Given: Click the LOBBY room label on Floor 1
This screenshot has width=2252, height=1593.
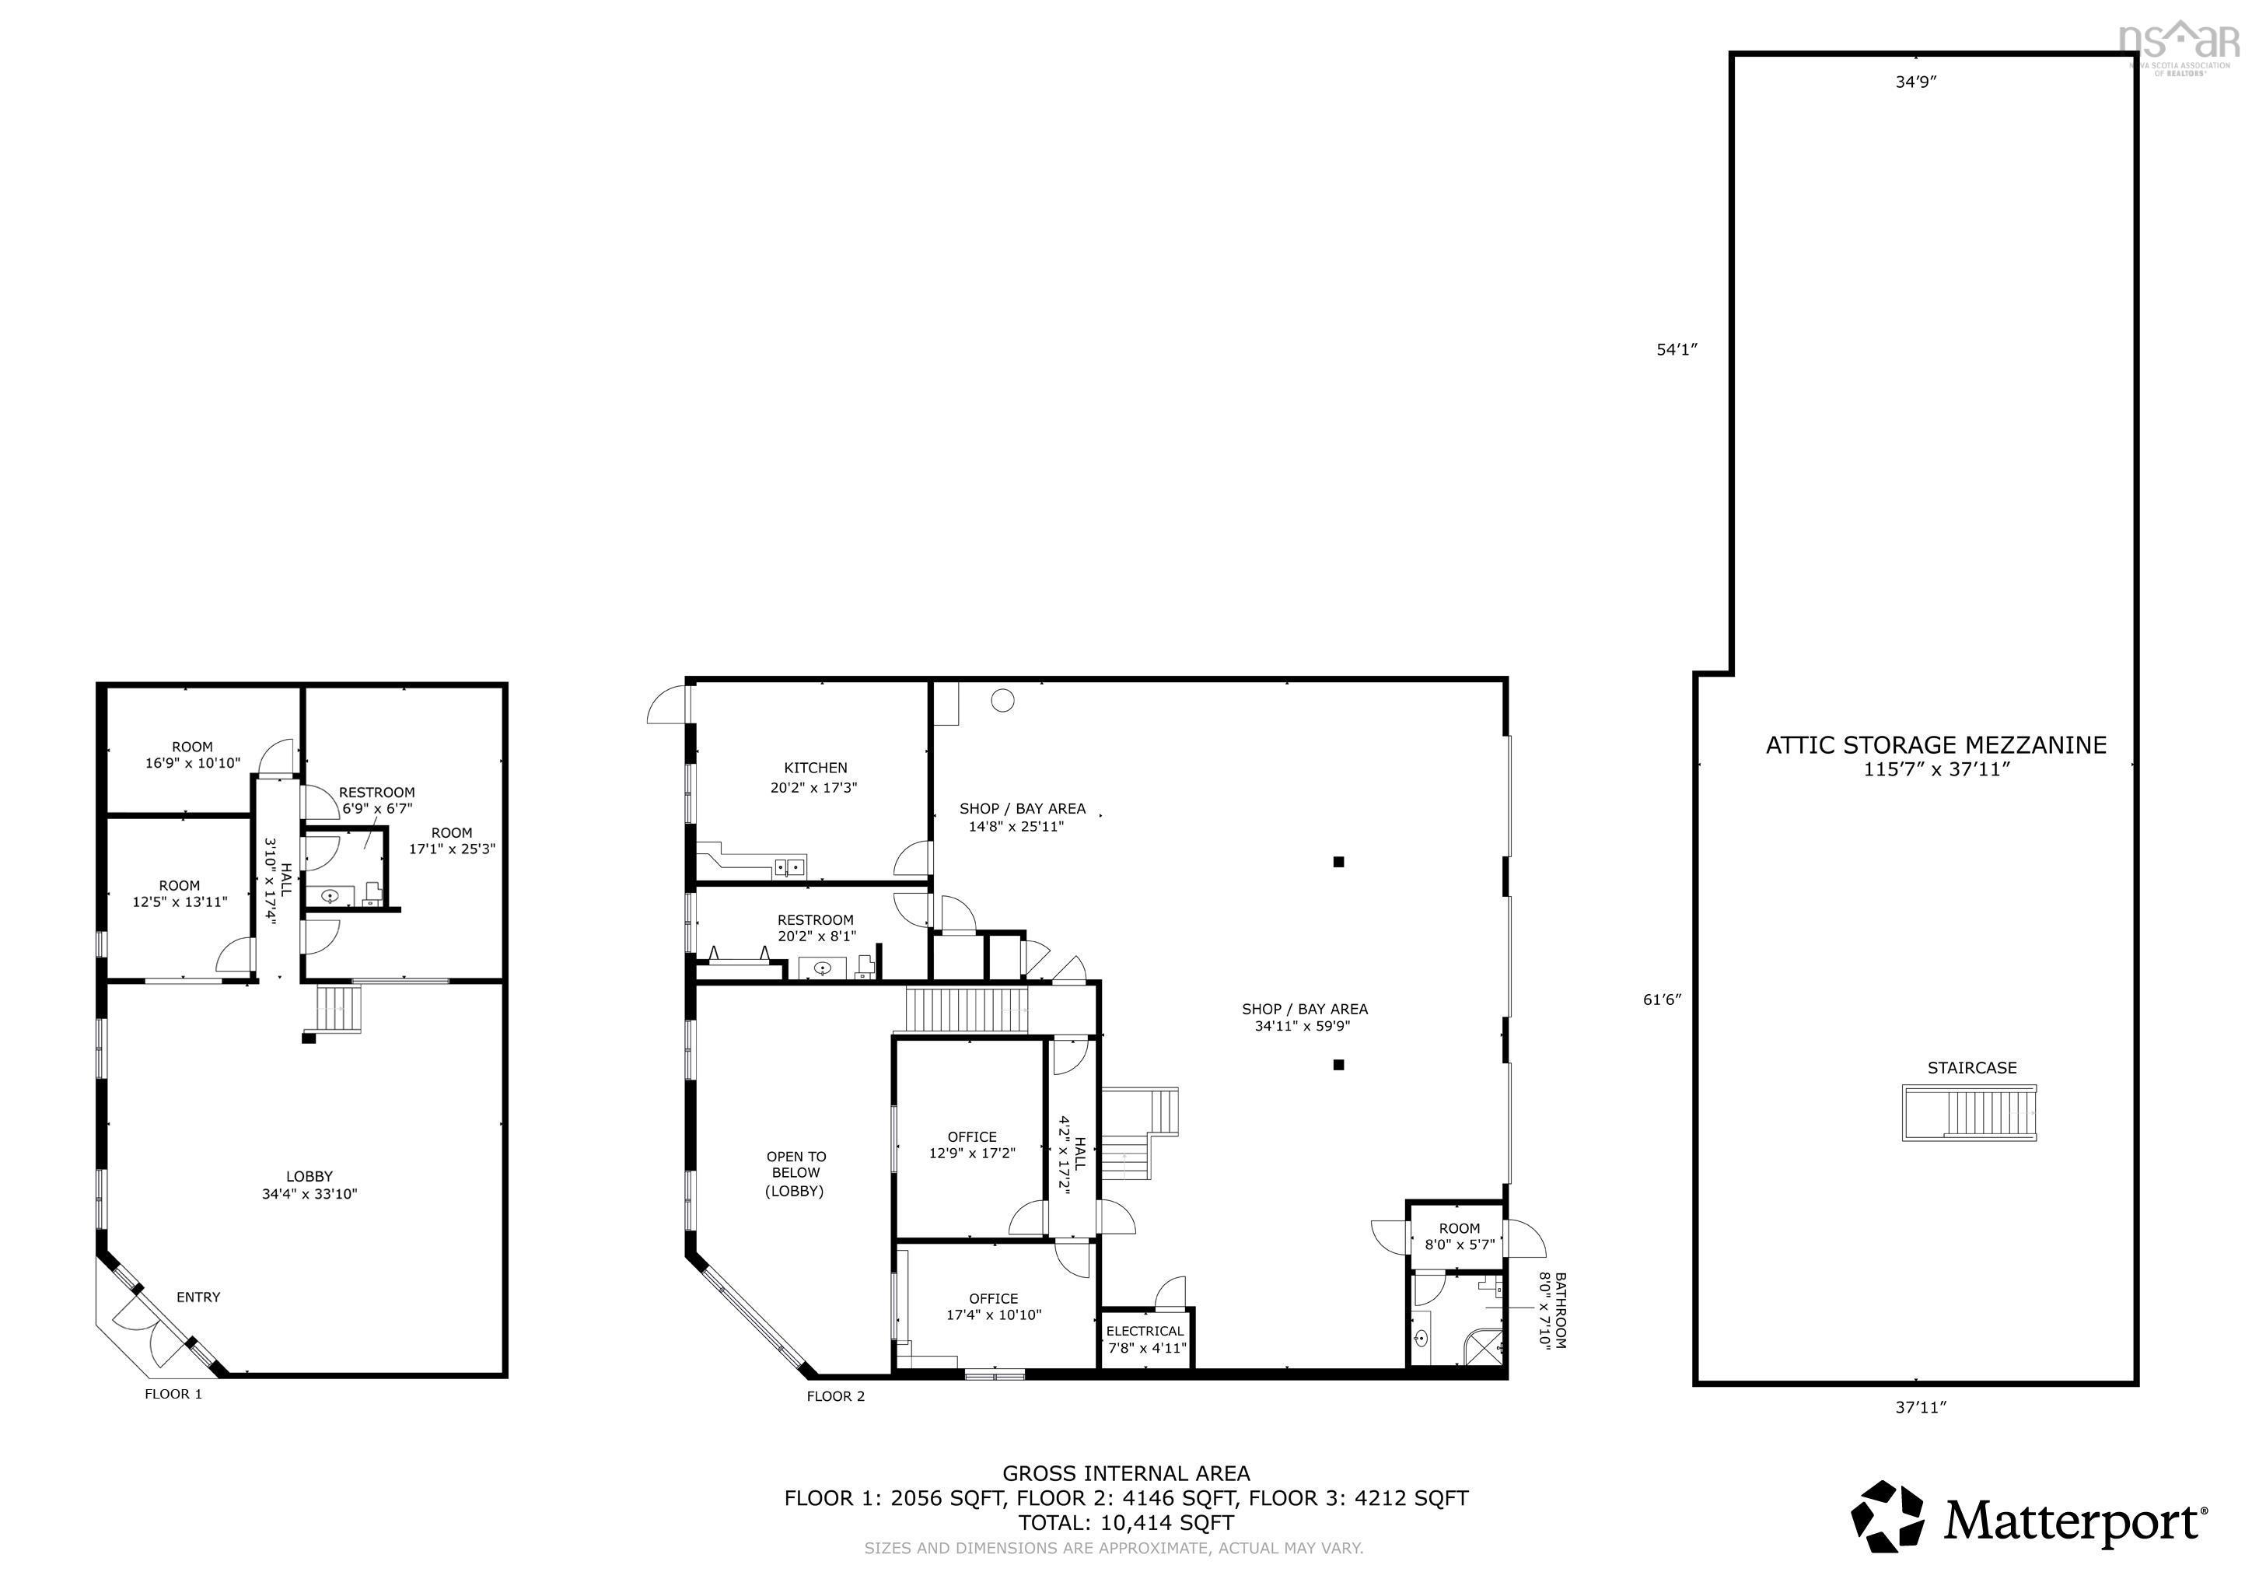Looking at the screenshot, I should [x=309, y=1185].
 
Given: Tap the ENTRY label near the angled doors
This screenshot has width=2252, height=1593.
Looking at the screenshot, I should [x=198, y=1297].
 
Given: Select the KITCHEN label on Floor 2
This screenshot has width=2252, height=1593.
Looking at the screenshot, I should [x=815, y=768].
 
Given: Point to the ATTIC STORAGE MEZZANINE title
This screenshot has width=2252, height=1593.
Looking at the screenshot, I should [x=1936, y=745].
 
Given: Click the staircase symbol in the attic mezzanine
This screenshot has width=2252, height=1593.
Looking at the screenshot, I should [x=1970, y=1112].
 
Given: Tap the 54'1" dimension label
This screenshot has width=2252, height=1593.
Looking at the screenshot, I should [x=1677, y=349].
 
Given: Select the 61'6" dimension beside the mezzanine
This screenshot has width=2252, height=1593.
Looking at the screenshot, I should [x=1663, y=1000].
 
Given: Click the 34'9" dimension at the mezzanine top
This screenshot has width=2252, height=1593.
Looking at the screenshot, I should [x=1915, y=82].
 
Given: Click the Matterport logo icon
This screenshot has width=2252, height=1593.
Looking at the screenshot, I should [x=1888, y=1517].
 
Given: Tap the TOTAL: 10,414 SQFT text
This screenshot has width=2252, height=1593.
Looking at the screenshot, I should [x=1126, y=1522].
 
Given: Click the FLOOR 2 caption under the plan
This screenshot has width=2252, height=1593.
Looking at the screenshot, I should [x=836, y=1396].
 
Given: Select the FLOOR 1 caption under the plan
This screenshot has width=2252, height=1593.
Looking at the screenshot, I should [x=173, y=1394].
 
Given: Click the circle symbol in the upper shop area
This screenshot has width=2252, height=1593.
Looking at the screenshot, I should [x=1002, y=699].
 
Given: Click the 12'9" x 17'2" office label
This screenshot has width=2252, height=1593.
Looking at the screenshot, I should [x=972, y=1146].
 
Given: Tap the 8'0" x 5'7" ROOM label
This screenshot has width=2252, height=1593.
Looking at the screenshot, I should [x=1460, y=1236].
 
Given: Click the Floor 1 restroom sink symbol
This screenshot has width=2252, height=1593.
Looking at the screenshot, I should [x=331, y=895].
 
